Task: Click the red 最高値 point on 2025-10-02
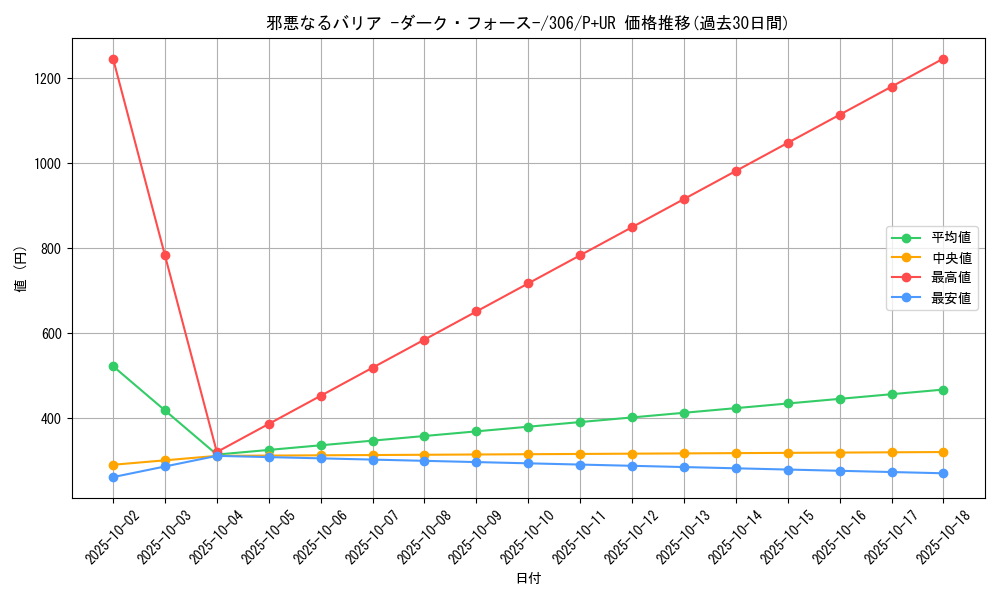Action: (x=113, y=59)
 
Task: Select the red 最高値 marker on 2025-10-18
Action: (x=943, y=59)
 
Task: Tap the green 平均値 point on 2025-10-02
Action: (x=113, y=366)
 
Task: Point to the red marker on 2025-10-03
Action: (x=165, y=255)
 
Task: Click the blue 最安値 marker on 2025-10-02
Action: (x=113, y=477)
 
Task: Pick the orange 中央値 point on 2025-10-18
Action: (x=943, y=452)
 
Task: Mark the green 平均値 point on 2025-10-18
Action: (x=943, y=390)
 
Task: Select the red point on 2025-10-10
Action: (x=528, y=283)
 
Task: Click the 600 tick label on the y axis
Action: (x=51, y=334)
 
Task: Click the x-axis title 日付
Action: (x=528, y=579)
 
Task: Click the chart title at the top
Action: (x=528, y=23)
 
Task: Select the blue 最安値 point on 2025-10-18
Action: (x=943, y=473)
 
